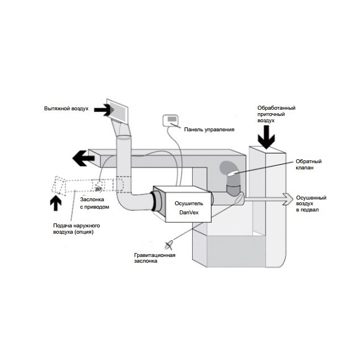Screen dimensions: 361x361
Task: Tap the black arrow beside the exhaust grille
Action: click(102, 109)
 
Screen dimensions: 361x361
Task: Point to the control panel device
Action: click(172, 121)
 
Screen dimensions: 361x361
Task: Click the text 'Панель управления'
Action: click(209, 130)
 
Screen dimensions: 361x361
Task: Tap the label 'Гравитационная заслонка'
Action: click(151, 259)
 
